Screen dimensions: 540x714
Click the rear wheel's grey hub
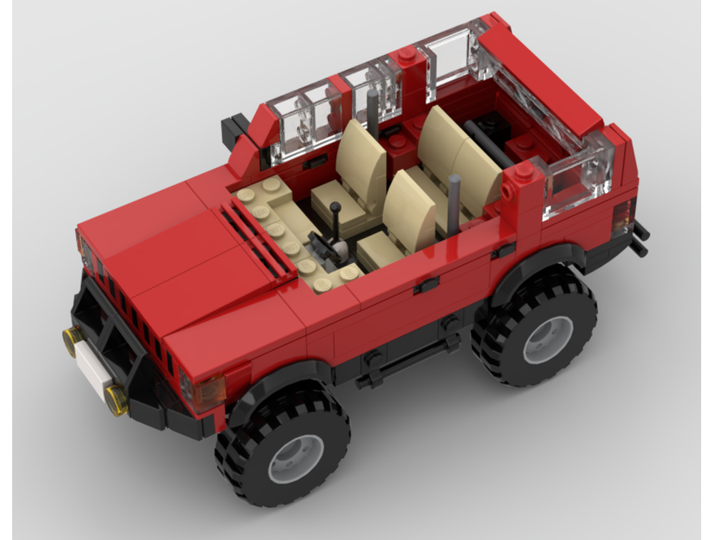click(548, 339)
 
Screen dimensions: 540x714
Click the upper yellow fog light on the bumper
click(71, 339)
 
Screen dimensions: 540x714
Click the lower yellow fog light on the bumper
click(116, 400)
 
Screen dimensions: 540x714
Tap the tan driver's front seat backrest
click(363, 163)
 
